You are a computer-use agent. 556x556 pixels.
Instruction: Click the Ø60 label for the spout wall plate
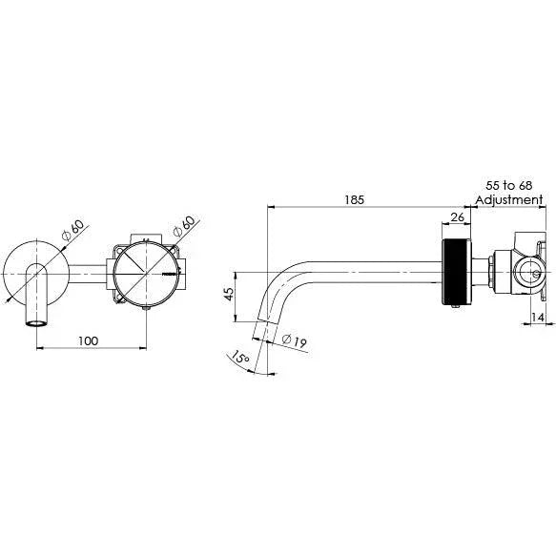71,232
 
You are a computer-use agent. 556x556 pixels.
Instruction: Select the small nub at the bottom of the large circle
145,307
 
